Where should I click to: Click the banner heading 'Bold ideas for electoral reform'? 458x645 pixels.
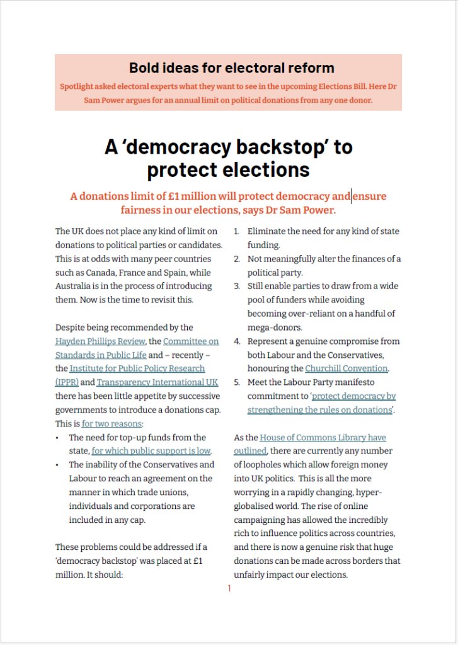coord(231,67)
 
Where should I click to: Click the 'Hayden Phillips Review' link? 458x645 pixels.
coord(100,341)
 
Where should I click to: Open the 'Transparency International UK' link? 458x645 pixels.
coord(149,382)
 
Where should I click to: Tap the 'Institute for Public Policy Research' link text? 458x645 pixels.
coord(137,368)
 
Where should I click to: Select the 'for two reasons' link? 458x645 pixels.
coord(112,424)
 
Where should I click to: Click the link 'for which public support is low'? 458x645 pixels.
coord(151,451)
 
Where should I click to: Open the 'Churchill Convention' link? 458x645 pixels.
coord(346,368)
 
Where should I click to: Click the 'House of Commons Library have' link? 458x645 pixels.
coord(323,438)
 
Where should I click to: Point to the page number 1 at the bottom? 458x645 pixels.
coord(229,588)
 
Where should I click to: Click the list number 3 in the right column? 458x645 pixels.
coord(236,286)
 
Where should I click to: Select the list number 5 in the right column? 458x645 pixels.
coord(236,382)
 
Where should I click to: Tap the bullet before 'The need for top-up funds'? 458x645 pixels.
coord(58,438)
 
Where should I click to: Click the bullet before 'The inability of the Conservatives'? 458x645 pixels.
coord(58,465)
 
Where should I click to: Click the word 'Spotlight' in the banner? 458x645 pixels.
coord(79,86)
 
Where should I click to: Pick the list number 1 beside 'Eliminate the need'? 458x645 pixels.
coord(236,232)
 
